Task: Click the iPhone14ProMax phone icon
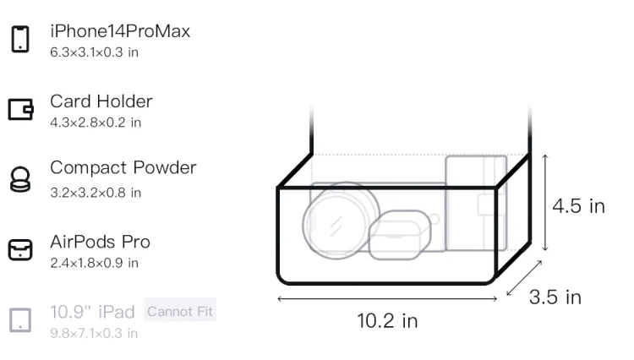[20, 39]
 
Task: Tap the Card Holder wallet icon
[20, 109]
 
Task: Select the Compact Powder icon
[20, 179]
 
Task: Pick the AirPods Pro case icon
[20, 249]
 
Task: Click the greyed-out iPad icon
[20, 320]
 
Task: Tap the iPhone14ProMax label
[120, 31]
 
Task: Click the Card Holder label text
[101, 101]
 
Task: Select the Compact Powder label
[123, 167]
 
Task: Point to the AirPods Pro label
[101, 242]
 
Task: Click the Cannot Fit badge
[180, 311]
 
